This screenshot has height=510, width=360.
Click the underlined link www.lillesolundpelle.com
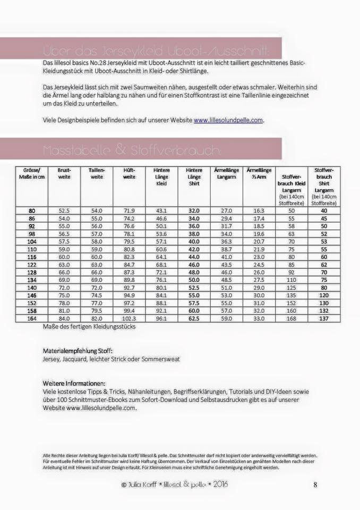[x=228, y=121]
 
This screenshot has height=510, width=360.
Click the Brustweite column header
[x=64, y=173]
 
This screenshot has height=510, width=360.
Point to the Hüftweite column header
[x=129, y=173]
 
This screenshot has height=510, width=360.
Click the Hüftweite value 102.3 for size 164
[x=129, y=319]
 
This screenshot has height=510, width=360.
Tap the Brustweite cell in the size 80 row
[x=64, y=210]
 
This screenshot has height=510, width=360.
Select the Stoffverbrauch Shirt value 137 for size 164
[x=324, y=319]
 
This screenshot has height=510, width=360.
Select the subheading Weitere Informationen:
[x=74, y=383]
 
